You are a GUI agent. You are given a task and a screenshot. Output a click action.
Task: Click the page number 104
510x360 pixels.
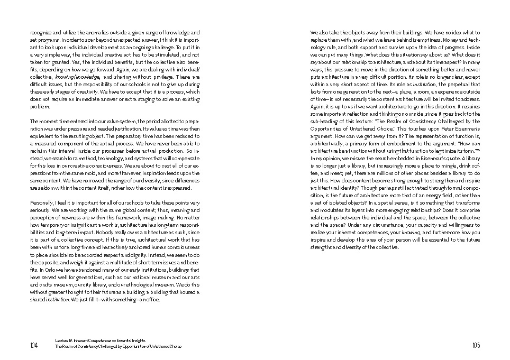[34, 345]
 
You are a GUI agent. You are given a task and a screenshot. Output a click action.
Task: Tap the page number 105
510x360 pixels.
[476, 345]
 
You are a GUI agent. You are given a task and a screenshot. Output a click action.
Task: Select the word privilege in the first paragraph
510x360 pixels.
[160, 77]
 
